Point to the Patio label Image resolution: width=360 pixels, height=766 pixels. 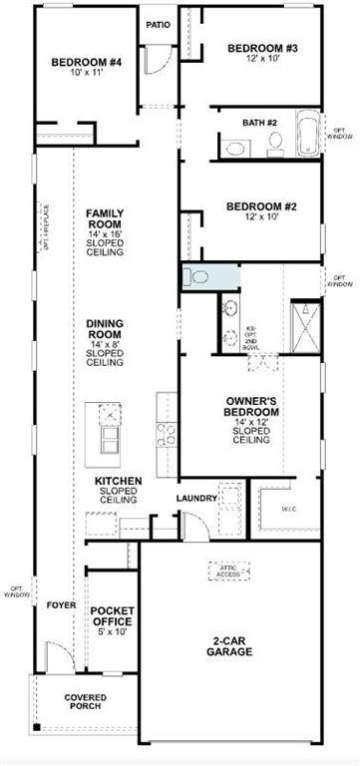click(x=158, y=25)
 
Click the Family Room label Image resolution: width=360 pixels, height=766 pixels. click(x=105, y=232)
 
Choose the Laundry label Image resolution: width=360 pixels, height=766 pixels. click(x=196, y=498)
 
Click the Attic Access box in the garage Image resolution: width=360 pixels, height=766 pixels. click(x=226, y=572)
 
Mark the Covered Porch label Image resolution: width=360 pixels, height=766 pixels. click(x=86, y=703)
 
